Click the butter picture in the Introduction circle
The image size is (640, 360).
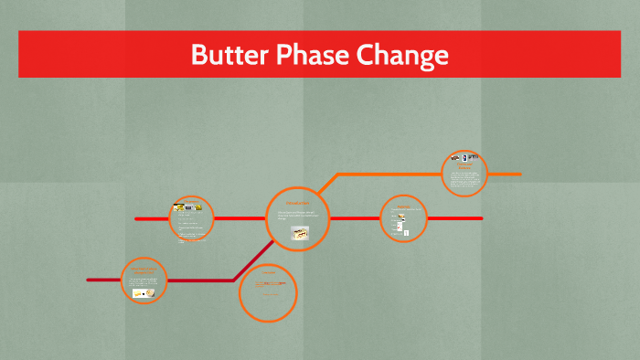coord(299,234)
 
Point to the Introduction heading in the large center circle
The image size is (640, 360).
coord(298,202)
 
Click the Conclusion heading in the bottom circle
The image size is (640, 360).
coord(269,273)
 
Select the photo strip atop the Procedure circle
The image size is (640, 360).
coord(189,208)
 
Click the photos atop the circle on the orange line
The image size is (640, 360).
coord(464,158)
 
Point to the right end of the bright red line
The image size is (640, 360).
coord(480,218)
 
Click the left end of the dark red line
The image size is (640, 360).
coord(89,280)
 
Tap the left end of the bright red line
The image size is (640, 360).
coord(136,219)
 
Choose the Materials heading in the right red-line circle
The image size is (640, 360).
coord(403,206)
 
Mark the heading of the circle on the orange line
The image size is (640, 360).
coord(464,166)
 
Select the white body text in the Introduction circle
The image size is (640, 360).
coord(298,215)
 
